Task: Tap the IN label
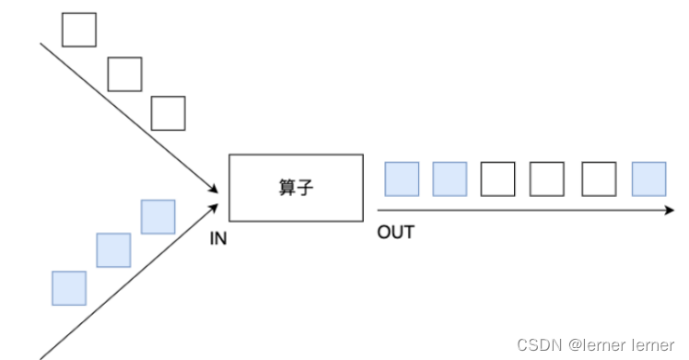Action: click(x=218, y=238)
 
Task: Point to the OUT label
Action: click(x=395, y=232)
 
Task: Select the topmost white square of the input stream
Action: click(x=78, y=29)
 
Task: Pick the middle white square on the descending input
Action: click(x=124, y=74)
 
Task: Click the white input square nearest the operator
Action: click(x=168, y=112)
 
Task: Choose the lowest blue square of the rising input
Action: click(x=69, y=287)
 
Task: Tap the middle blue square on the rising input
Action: click(x=113, y=250)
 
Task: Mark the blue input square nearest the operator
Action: click(x=158, y=216)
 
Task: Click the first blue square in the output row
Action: click(x=402, y=179)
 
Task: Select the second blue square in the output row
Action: click(x=450, y=179)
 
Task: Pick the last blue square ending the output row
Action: click(x=648, y=179)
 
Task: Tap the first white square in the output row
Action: click(x=498, y=179)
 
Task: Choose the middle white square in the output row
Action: click(x=547, y=179)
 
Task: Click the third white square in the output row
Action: click(x=599, y=179)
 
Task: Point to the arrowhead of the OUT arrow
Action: click(x=670, y=210)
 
